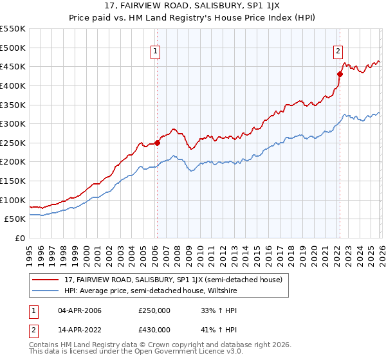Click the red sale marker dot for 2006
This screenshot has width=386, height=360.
point(157,143)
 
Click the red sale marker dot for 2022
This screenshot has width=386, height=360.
point(339,74)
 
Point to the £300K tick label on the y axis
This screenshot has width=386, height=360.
point(13,123)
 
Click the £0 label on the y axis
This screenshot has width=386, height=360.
point(21,238)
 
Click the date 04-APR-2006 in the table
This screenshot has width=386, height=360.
point(79,310)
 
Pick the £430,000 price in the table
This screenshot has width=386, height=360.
point(154,330)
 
